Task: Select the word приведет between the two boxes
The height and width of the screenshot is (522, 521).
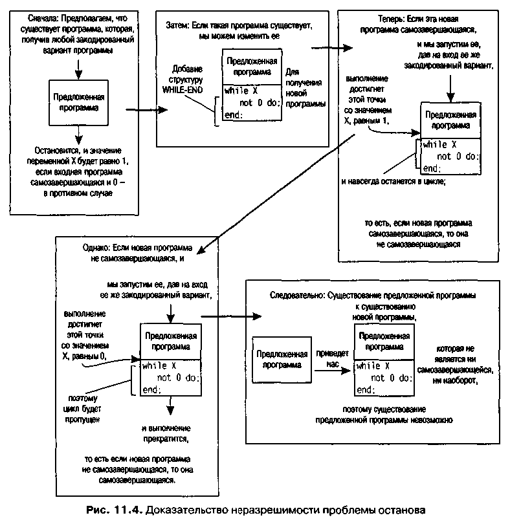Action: [x=332, y=354]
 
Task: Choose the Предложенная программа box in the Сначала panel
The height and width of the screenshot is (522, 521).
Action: [x=76, y=102]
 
